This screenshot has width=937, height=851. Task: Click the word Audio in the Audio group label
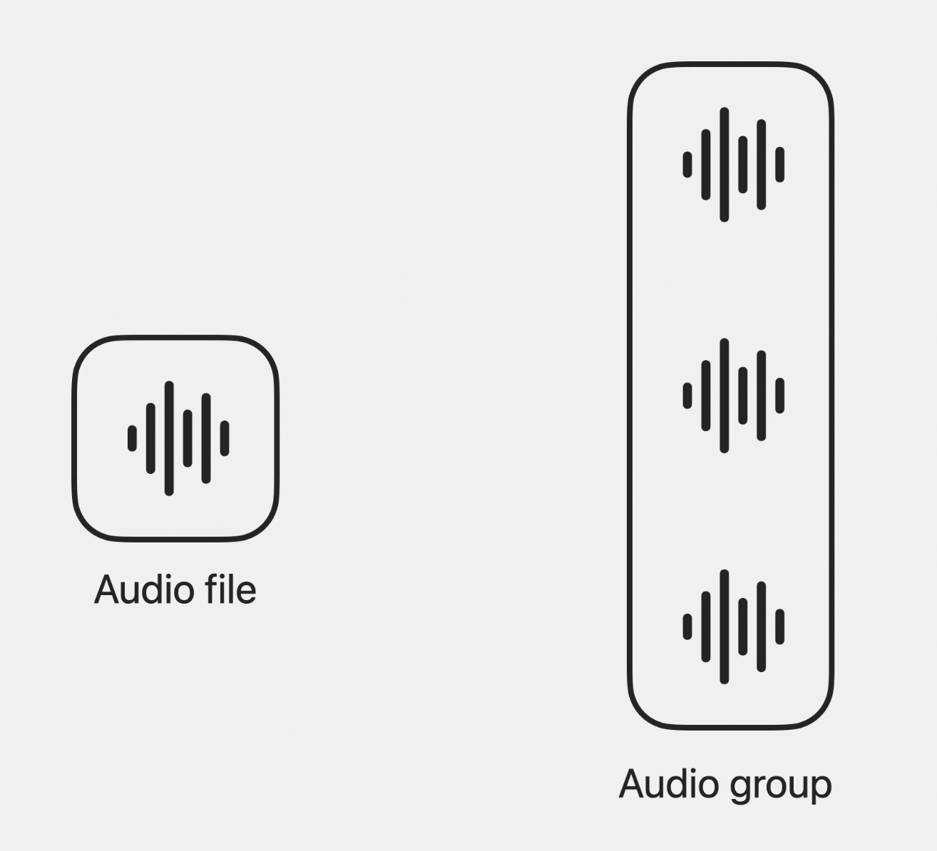pos(668,784)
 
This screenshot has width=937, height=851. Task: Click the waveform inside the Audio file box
pos(178,438)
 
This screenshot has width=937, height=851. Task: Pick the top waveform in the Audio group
pos(733,165)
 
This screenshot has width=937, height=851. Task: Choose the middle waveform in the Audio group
pos(733,396)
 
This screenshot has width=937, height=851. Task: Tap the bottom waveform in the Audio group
pos(733,626)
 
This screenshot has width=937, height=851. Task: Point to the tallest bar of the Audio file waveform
pos(169,438)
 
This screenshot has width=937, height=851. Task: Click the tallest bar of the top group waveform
pos(724,165)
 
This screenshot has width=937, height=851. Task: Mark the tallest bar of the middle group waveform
pos(724,396)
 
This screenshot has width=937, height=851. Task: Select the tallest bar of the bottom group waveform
pos(724,626)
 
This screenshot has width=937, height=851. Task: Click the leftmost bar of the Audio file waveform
pos(132,438)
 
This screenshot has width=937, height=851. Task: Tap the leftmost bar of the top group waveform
pos(687,165)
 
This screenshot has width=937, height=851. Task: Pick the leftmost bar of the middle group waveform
pos(687,396)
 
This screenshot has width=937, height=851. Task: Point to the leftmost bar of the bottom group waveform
pos(687,626)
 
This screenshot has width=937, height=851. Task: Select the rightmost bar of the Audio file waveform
pos(225,438)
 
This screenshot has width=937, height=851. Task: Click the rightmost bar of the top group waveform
pos(780,165)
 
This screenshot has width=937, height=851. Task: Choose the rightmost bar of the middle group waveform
pos(780,396)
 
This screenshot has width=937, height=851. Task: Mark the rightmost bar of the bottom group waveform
pos(780,626)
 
